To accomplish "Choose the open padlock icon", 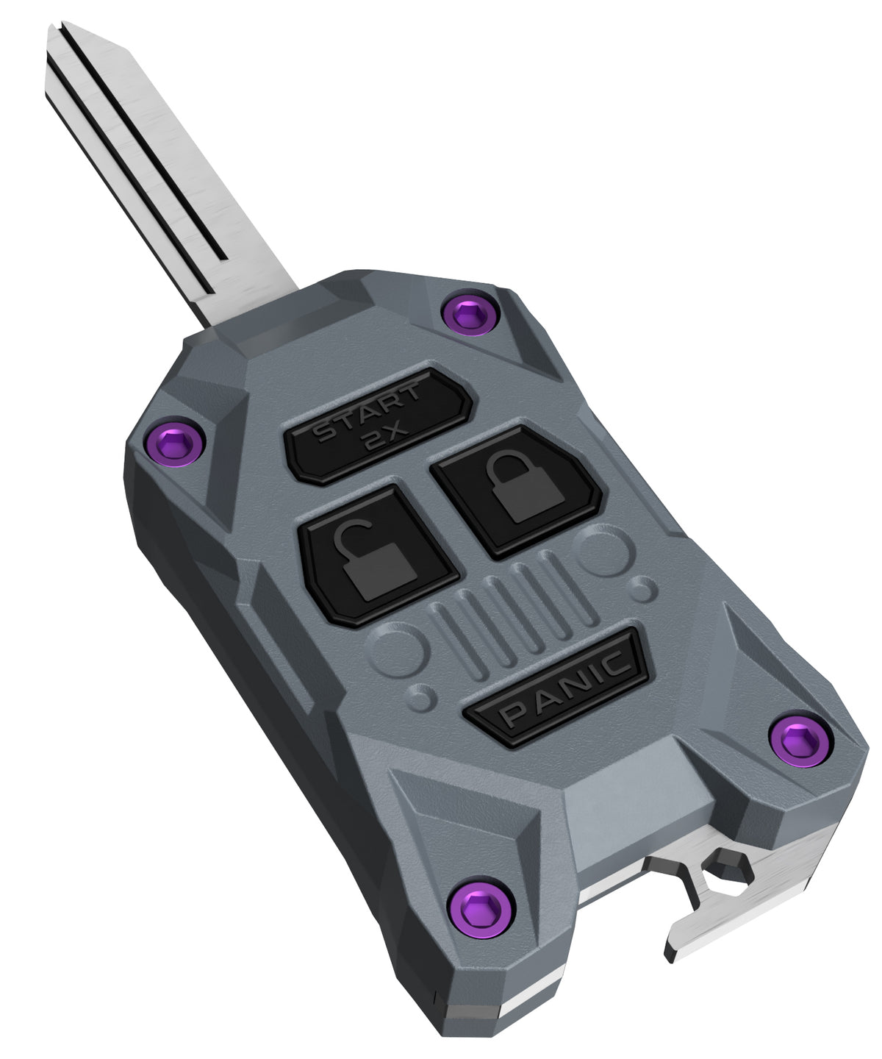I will (x=374, y=562).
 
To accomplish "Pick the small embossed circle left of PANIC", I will (x=421, y=697).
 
